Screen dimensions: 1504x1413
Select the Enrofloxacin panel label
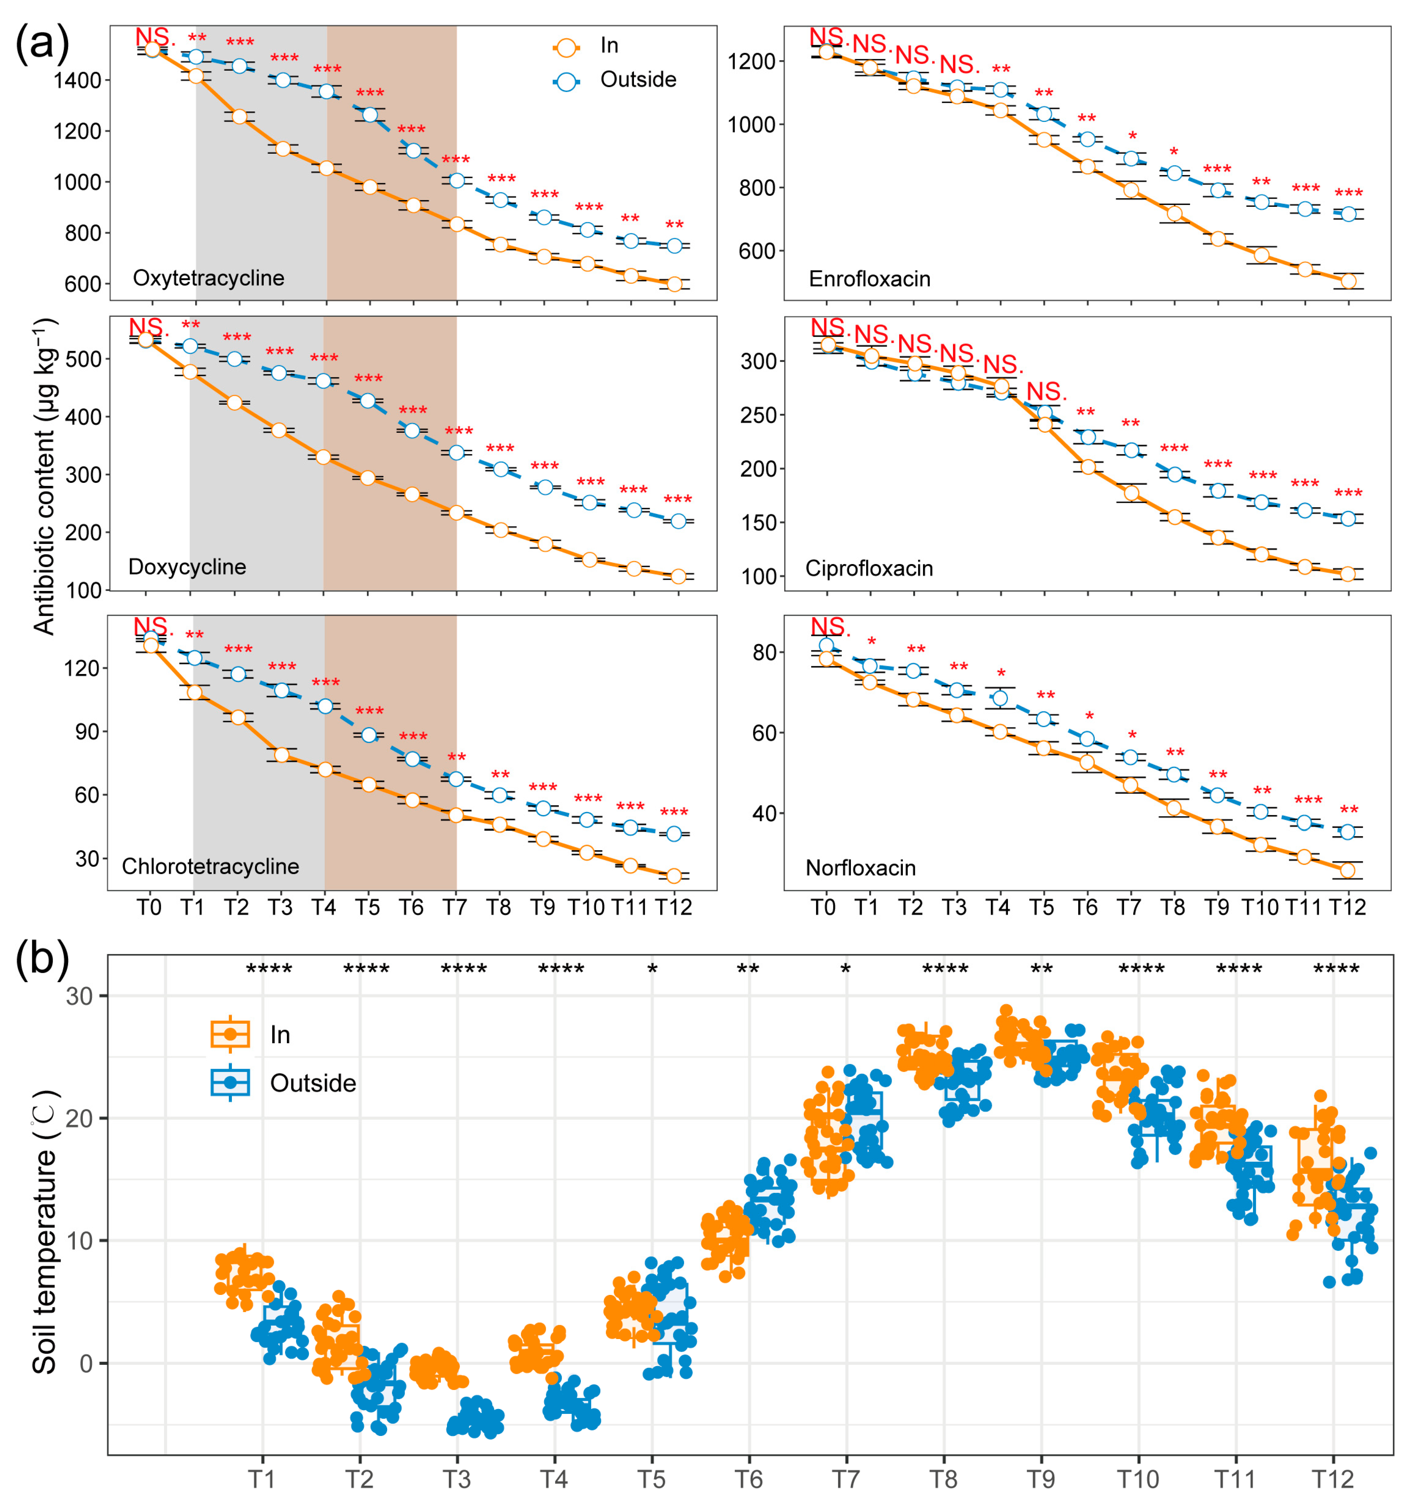click(869, 279)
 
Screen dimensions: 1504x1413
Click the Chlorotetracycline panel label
click(210, 866)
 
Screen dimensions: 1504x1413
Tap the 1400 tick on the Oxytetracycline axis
click(77, 80)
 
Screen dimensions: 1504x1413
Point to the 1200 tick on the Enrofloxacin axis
click(751, 61)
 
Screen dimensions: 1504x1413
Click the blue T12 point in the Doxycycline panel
click(678, 521)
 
